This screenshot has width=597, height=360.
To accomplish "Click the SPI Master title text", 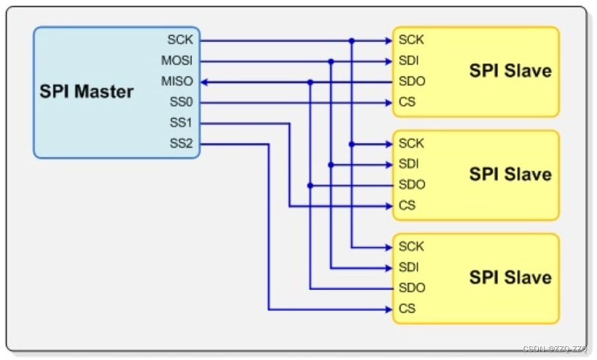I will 86,91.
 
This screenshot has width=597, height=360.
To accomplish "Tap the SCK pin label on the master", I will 180,40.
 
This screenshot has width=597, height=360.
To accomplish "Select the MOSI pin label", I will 177,61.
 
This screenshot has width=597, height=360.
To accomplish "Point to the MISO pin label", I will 177,82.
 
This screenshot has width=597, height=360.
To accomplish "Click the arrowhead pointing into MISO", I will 204,82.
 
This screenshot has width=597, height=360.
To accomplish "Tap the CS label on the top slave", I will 407,103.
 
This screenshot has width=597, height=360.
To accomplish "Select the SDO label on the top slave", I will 412,82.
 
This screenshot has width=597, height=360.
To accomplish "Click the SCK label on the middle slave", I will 412,144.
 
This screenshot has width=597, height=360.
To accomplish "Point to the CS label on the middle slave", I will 407,206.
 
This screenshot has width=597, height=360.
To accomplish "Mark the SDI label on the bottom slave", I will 409,267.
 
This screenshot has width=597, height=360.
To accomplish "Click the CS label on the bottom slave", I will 407,309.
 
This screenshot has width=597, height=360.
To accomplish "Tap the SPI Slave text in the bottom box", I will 510,278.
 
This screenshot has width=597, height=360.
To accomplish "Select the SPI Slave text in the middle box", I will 510,174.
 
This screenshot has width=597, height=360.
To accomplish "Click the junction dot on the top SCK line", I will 352,41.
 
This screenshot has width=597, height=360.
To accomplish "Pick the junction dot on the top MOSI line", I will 331,61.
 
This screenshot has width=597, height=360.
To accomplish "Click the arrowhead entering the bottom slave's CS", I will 389,309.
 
